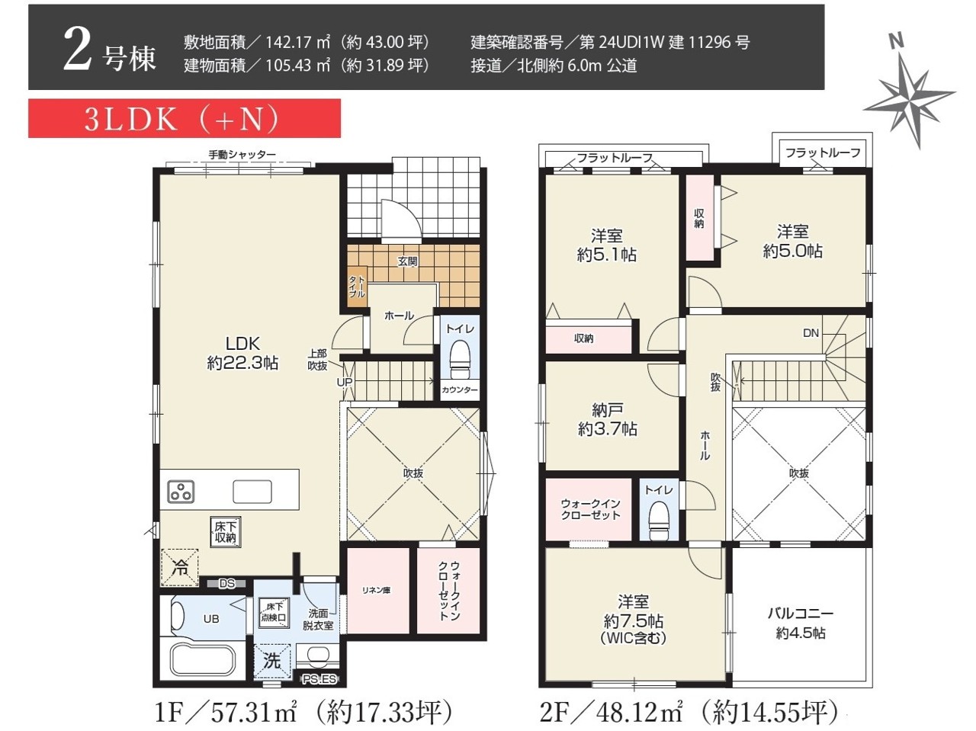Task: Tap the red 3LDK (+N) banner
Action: (185, 118)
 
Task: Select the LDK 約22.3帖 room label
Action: (242, 353)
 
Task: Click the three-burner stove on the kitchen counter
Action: (181, 492)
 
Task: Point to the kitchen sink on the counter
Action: (252, 491)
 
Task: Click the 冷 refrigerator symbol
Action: (180, 567)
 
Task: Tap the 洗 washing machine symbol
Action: (271, 661)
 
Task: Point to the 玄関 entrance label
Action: (407, 261)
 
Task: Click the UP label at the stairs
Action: (344, 382)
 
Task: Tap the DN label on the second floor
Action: (811, 333)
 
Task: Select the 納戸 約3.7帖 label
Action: (608, 419)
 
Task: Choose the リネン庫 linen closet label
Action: (376, 591)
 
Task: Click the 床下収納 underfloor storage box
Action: (226, 531)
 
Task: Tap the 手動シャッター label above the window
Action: (242, 154)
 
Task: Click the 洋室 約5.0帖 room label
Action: (793, 242)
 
